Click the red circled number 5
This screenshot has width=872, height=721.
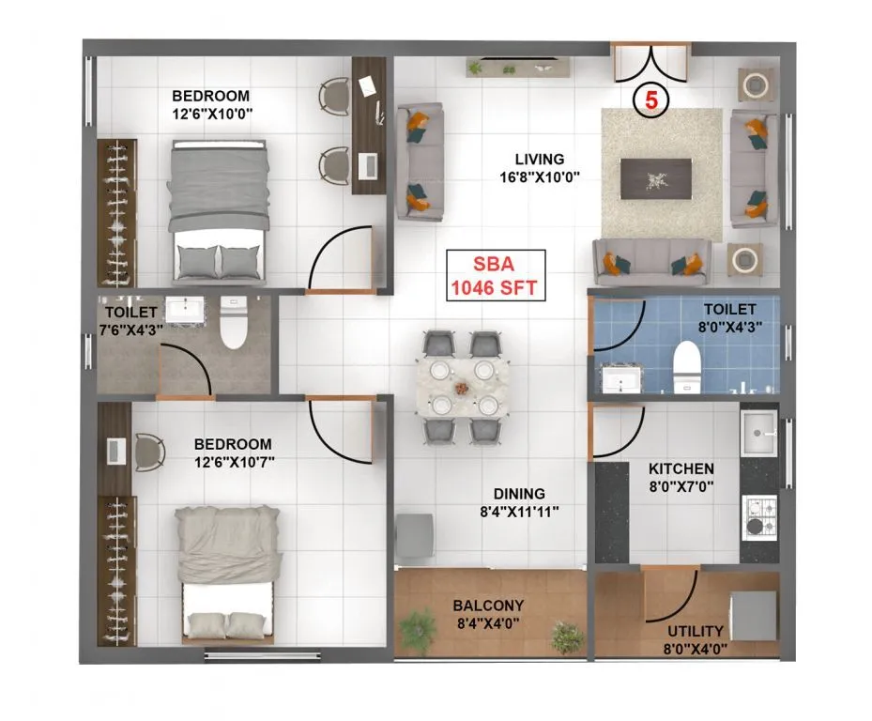649,100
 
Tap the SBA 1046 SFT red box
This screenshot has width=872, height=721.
495,275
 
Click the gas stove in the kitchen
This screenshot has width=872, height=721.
758,513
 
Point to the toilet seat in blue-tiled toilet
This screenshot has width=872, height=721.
687,363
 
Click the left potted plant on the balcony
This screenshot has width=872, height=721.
418,626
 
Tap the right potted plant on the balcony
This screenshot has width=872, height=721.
566,637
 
